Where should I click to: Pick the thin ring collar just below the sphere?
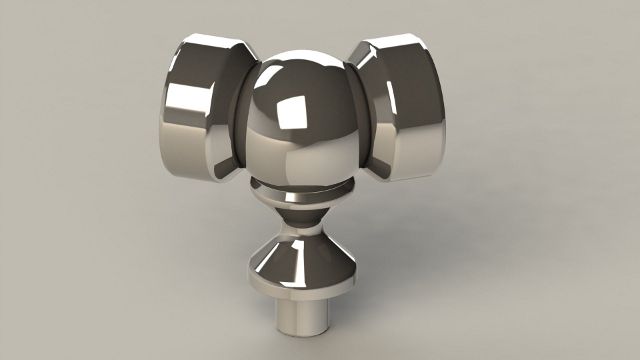[x=299, y=196]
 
